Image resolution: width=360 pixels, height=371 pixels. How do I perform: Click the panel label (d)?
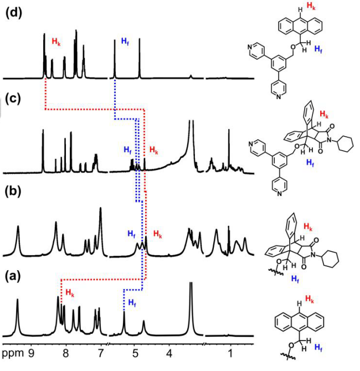pyautogui.click(x=14, y=13)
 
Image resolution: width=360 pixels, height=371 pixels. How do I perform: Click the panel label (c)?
pyautogui.click(x=13, y=99)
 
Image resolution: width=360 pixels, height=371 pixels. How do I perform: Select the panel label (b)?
pyautogui.click(x=13, y=192)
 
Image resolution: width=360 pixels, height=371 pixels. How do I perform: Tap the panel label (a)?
pyautogui.click(x=13, y=276)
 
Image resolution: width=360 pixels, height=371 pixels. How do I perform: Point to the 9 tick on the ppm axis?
pyautogui.click(x=31, y=353)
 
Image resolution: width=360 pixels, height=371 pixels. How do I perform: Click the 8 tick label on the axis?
pyautogui.click(x=66, y=353)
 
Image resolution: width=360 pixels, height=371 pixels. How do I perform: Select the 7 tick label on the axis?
pyautogui.click(x=100, y=353)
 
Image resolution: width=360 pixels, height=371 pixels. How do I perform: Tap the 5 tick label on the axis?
pyautogui.click(x=135, y=353)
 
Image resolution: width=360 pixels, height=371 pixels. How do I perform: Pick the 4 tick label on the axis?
pyautogui.click(x=169, y=353)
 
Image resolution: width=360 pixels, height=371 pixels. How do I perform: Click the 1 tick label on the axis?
pyautogui.click(x=230, y=353)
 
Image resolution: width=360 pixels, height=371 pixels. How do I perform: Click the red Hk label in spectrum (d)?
pyautogui.click(x=56, y=42)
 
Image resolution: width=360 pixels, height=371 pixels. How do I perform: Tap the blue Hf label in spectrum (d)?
pyautogui.click(x=125, y=41)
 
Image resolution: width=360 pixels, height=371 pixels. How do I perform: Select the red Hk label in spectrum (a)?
pyautogui.click(x=70, y=293)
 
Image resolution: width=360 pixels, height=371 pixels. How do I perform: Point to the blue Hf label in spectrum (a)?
pyautogui.click(x=132, y=303)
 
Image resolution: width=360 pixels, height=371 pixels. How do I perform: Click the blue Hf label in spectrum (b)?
pyautogui.click(x=132, y=234)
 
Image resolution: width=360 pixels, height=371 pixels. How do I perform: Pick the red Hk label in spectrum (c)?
pyautogui.click(x=154, y=150)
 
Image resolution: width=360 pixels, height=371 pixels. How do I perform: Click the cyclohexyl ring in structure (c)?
pyautogui.click(x=346, y=143)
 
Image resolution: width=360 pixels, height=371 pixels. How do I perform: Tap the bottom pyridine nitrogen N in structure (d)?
pyautogui.click(x=279, y=96)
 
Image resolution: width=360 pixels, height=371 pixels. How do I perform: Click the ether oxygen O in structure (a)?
pyautogui.click(x=291, y=346)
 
